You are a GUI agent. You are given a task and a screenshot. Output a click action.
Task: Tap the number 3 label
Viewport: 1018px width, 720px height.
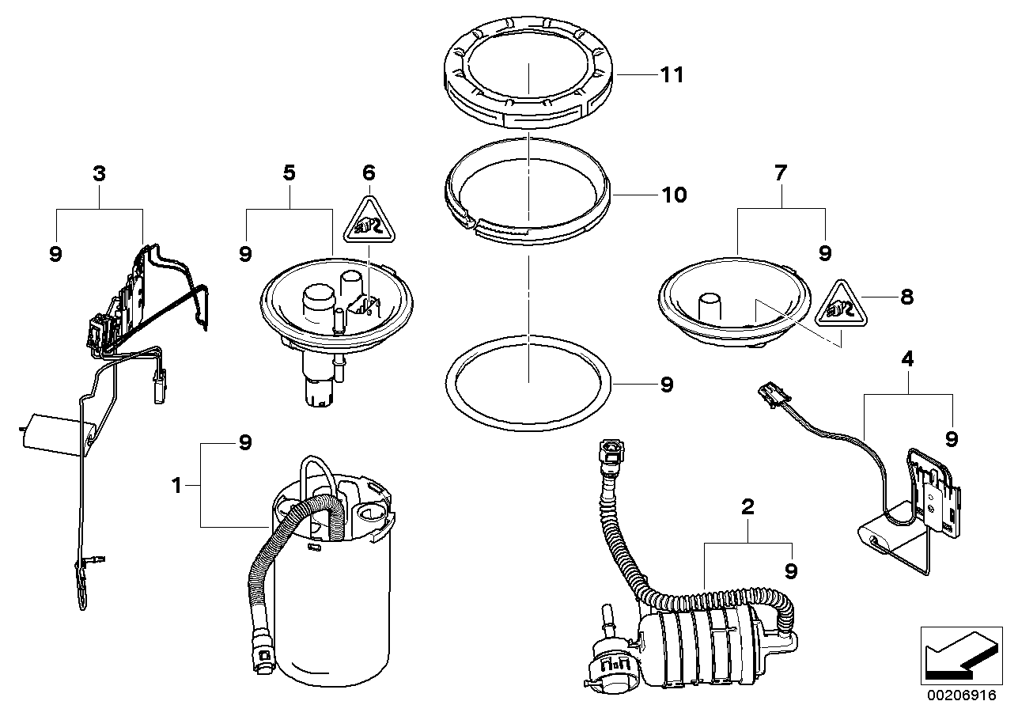(x=99, y=174)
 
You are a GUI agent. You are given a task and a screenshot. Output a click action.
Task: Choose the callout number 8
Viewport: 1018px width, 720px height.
(x=907, y=297)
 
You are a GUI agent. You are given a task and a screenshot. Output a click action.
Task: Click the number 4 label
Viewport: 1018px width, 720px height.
(x=908, y=359)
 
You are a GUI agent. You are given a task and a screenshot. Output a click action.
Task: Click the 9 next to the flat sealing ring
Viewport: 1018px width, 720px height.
(x=666, y=385)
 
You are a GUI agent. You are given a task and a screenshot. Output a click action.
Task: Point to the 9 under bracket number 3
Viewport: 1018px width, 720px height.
(x=55, y=254)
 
